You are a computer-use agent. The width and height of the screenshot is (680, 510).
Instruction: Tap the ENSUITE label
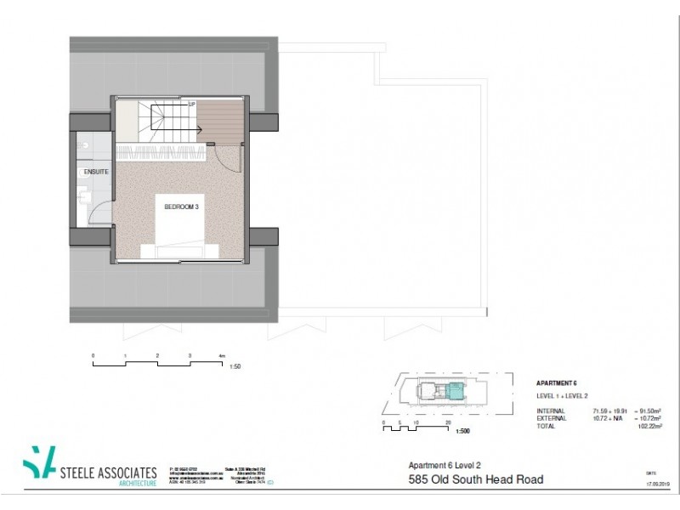point(97,172)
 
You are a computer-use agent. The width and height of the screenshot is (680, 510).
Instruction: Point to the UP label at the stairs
point(192,105)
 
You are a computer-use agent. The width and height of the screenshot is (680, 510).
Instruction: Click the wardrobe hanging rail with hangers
point(161,153)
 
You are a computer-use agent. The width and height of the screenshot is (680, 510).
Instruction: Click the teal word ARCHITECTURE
point(136,483)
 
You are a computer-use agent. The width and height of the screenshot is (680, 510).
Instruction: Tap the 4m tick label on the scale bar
point(220,354)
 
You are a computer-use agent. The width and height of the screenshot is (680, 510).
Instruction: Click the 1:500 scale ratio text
point(462,431)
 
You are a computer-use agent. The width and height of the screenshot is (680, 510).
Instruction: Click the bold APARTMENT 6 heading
point(557,382)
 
